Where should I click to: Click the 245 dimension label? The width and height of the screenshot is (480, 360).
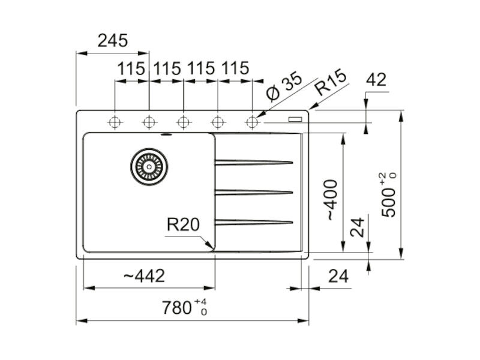pyautogui.click(x=112, y=41)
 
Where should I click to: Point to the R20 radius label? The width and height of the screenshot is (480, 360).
pyautogui.click(x=183, y=224)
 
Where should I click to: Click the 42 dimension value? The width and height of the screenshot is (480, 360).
pyautogui.click(x=376, y=80)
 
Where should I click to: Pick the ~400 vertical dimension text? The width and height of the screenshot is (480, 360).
pyautogui.click(x=332, y=200)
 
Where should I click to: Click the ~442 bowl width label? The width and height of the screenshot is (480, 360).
pyautogui.click(x=144, y=276)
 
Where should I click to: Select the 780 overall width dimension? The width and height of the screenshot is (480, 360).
pyautogui.click(x=184, y=307)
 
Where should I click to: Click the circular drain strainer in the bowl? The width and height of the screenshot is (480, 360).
pyautogui.click(x=149, y=167)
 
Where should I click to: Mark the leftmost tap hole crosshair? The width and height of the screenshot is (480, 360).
pyautogui.click(x=115, y=122)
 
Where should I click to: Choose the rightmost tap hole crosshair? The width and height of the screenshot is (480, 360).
pyautogui.click(x=252, y=122)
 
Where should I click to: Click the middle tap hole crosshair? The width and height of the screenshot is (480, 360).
pyautogui.click(x=183, y=122)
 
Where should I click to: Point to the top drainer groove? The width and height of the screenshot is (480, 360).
pyautogui.click(x=254, y=162)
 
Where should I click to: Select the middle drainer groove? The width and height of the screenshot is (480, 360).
pyautogui.click(x=254, y=192)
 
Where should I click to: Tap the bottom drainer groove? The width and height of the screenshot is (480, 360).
pyautogui.click(x=254, y=222)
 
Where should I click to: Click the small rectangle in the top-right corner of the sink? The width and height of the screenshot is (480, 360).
pyautogui.click(x=296, y=119)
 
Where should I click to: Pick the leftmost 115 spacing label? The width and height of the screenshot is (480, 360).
pyautogui.click(x=131, y=68)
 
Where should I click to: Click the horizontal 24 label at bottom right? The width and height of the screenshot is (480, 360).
pyautogui.click(x=338, y=276)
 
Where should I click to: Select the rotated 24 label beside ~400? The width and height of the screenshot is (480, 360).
pyautogui.click(x=357, y=227)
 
